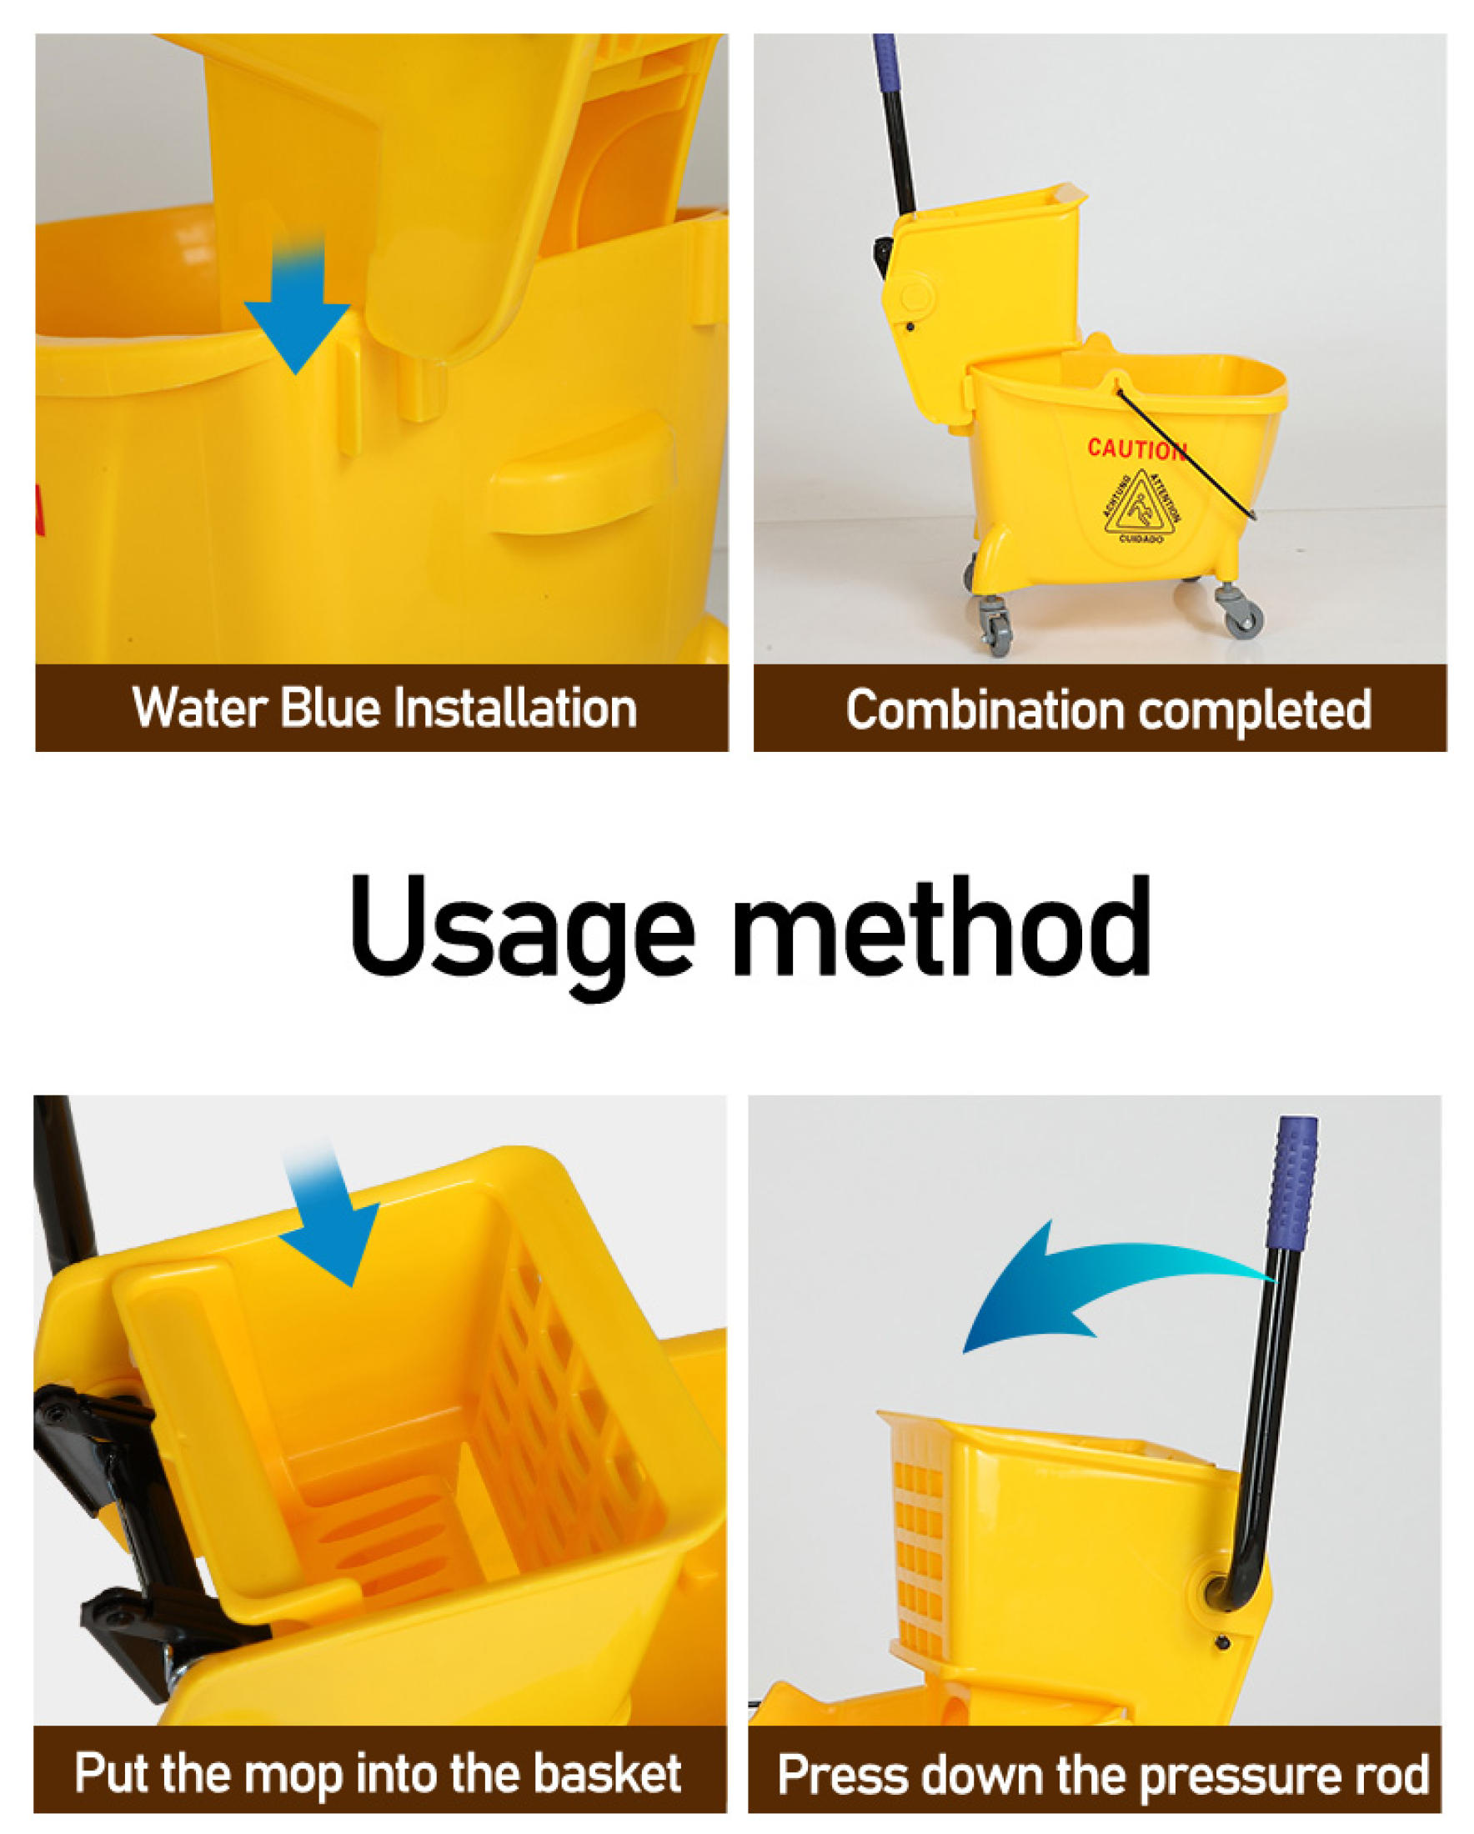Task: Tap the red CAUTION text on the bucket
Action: tap(1136, 448)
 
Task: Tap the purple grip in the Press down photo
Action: tap(1293, 1182)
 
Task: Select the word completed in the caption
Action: tap(1255, 709)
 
